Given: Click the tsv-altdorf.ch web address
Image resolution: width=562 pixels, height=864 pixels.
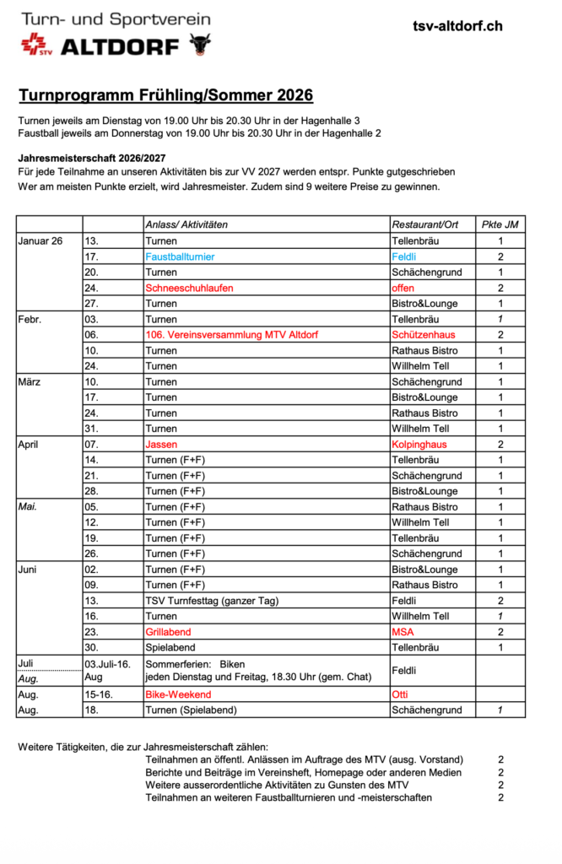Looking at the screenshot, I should coord(457,26).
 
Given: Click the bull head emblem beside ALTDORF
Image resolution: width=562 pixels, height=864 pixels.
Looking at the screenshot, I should coord(200,43).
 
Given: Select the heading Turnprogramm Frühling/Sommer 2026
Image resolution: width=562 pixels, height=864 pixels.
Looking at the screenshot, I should coord(165,94).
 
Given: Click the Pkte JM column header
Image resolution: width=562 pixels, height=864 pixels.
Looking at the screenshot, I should coord(500,224).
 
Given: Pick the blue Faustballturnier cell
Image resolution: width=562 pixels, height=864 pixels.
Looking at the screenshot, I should coord(180,256).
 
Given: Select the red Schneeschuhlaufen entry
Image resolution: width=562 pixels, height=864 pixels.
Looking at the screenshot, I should coord(189,288).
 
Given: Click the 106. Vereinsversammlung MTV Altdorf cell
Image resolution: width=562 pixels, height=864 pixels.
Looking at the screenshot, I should coord(231,335).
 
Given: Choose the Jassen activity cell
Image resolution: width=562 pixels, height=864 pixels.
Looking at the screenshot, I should coord(161,445).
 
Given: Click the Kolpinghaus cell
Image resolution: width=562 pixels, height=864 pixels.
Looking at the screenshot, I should coord(419,445).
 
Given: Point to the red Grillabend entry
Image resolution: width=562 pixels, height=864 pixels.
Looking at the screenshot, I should coord(169,632).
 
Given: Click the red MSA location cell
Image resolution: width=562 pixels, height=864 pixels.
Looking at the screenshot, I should coord(403,632).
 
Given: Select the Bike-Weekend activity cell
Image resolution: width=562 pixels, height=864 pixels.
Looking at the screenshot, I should coord(178,694).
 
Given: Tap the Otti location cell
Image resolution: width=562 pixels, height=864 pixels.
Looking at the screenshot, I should coord(400,694).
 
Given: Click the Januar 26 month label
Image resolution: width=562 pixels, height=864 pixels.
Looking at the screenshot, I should coord(41,240).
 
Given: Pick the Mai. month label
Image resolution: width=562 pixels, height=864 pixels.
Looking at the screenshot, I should coord(29,507).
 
